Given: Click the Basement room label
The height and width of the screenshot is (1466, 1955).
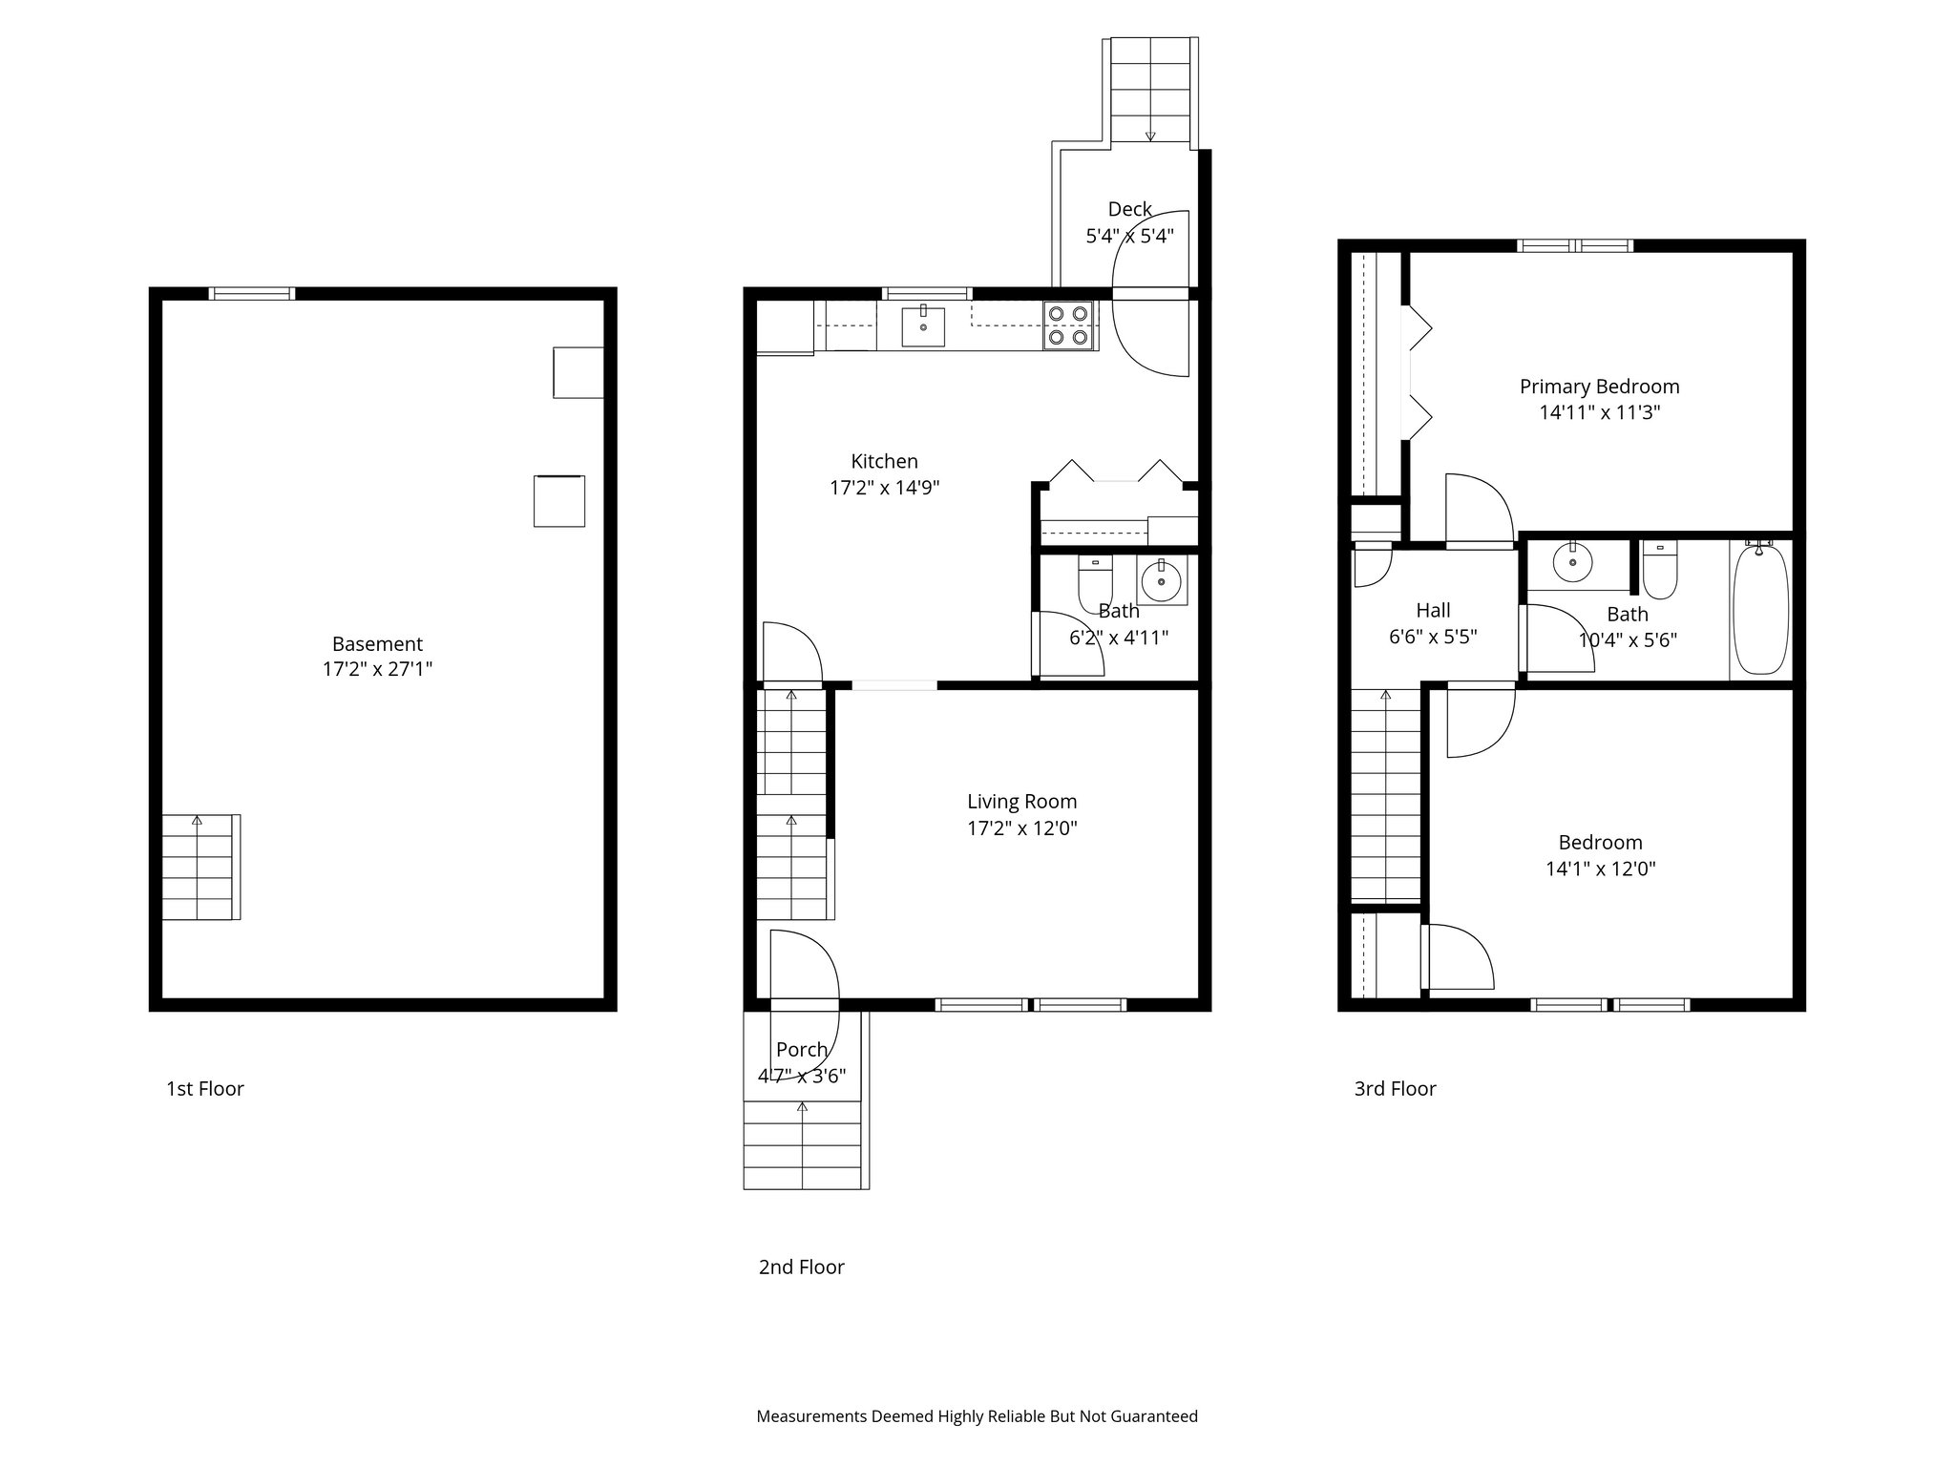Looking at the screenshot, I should [x=377, y=644].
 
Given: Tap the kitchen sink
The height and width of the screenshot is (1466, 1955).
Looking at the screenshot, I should [x=923, y=326].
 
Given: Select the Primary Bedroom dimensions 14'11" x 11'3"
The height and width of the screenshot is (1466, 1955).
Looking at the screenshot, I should [x=1599, y=413].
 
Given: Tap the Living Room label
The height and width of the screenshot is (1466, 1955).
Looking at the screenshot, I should [x=1021, y=802].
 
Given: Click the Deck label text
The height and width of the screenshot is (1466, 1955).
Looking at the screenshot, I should [x=1129, y=209].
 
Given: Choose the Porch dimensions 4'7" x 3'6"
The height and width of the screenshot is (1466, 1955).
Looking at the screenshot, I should [x=802, y=1076].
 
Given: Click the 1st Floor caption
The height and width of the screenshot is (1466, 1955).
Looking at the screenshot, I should [x=205, y=1089].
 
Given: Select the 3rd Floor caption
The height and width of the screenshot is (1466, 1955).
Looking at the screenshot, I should [x=1395, y=1089].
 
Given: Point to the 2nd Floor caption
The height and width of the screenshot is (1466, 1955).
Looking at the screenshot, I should [x=801, y=1267].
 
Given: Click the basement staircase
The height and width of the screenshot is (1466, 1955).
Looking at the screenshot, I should [x=199, y=867].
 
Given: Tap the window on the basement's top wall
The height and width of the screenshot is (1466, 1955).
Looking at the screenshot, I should [x=252, y=293].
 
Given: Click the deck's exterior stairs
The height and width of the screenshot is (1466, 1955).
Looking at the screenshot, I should [x=1151, y=91].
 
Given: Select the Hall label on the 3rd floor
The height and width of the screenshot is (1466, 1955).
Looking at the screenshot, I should [x=1433, y=611].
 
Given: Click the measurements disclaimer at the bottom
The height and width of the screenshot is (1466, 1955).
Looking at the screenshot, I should [x=977, y=1416].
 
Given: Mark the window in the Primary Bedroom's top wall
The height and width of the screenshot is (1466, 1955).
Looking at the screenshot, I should [x=1575, y=245].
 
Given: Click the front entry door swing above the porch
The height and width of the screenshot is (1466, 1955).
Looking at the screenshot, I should [x=805, y=966].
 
